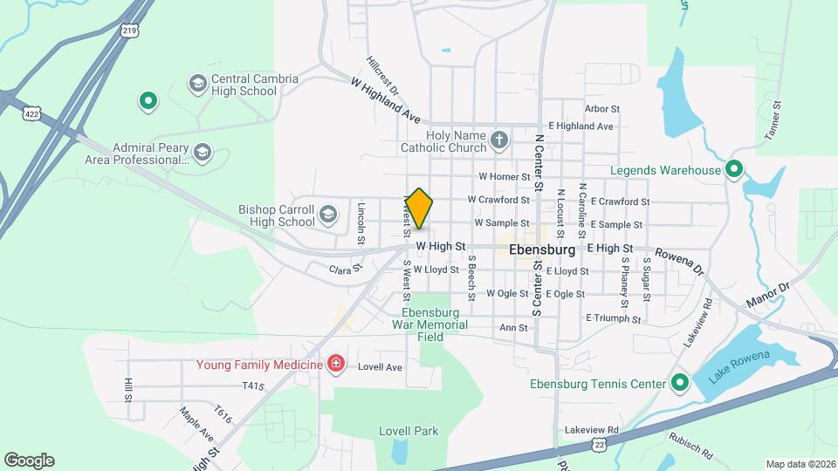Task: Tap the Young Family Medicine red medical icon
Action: coord(335,363)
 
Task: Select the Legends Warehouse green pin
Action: coord(734,170)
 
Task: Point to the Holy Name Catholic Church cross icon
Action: coord(498,140)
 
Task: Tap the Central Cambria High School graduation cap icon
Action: coord(197,84)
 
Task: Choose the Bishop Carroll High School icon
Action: coord(328,215)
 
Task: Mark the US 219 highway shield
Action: coord(129,31)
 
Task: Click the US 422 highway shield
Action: coord(32,114)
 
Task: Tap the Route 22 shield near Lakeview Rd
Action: coord(598,445)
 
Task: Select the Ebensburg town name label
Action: coord(541,249)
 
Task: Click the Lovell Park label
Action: coord(409,431)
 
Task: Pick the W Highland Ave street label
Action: coord(386,99)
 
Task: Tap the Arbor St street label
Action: coord(602,109)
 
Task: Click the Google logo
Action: coord(29,461)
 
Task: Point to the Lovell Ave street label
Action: coord(381,367)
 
